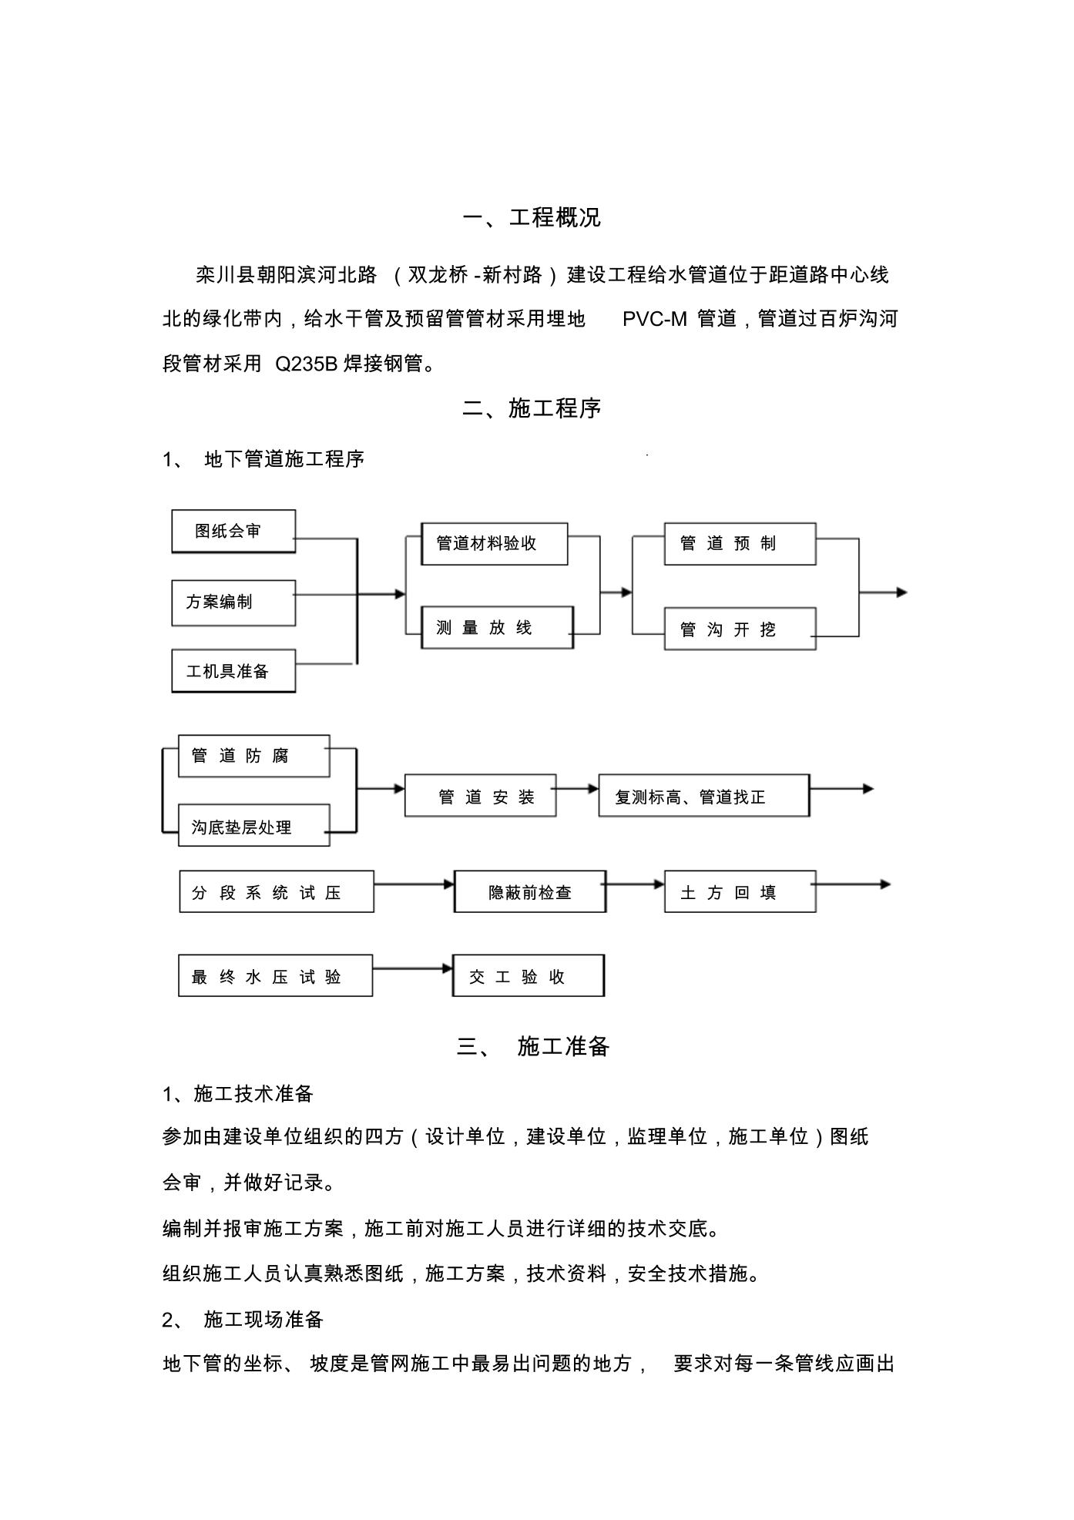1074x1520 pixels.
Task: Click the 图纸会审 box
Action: point(233,531)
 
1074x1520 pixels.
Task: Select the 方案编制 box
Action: point(233,602)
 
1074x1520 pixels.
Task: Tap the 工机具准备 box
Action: point(233,670)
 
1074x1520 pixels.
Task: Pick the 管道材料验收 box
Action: point(495,543)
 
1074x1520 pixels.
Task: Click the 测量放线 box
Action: point(497,627)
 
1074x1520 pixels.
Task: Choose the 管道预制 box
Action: point(740,543)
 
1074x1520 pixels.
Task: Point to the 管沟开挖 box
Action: point(740,629)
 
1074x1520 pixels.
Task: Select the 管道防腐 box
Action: point(253,756)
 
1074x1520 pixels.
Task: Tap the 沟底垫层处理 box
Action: point(253,826)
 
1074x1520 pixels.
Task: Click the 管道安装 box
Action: point(480,796)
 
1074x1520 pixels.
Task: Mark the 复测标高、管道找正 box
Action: point(704,796)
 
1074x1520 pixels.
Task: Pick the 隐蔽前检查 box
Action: point(530,891)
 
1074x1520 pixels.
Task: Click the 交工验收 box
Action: point(529,975)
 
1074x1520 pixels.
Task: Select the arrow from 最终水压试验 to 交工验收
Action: point(413,968)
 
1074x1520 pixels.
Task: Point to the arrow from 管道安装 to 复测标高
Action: point(577,789)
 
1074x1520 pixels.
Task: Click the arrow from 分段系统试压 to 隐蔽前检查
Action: point(414,884)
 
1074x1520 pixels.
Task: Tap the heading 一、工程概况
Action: point(532,218)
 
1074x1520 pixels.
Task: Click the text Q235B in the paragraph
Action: point(307,364)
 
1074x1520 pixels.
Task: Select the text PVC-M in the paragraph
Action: point(654,319)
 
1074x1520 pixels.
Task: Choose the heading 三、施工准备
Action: point(533,1046)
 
